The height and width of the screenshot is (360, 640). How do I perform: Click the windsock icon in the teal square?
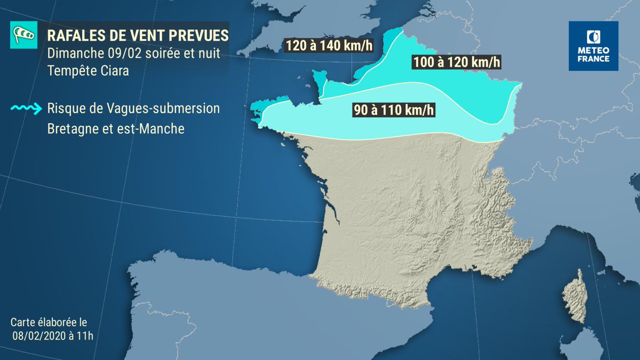coord(23,36)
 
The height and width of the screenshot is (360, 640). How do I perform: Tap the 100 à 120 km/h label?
coord(457,62)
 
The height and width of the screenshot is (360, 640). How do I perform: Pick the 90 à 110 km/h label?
coord(393,111)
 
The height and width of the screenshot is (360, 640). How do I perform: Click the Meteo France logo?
coord(593,46)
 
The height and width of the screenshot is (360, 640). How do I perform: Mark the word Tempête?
coord(68,70)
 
